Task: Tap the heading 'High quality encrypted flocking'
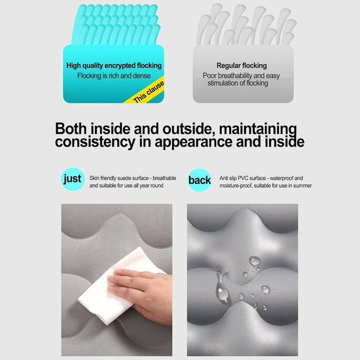click(114, 65)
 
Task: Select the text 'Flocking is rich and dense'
click(114, 76)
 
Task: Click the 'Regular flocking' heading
click(242, 65)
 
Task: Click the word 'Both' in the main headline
click(71, 129)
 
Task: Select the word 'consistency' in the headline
click(95, 142)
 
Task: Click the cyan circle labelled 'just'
click(73, 179)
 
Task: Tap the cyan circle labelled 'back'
click(200, 180)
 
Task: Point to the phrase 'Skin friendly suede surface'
click(119, 178)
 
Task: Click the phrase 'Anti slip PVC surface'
click(243, 178)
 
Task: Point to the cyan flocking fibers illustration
click(115, 24)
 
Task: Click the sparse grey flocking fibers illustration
click(246, 24)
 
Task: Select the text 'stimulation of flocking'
click(238, 83)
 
